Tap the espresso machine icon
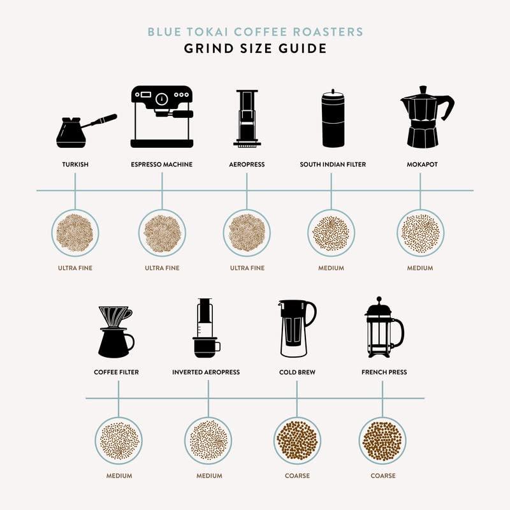[162, 117]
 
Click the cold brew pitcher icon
[296, 328]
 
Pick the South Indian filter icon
[332, 119]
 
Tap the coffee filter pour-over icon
[115, 331]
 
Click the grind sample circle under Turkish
[75, 233]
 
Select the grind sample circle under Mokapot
[420, 233]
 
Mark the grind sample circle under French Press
[382, 441]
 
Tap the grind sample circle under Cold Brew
[297, 441]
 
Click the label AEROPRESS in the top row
[247, 164]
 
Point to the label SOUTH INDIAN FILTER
[333, 164]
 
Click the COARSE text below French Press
[382, 476]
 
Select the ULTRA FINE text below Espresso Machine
[162, 268]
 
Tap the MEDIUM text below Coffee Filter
[119, 476]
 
